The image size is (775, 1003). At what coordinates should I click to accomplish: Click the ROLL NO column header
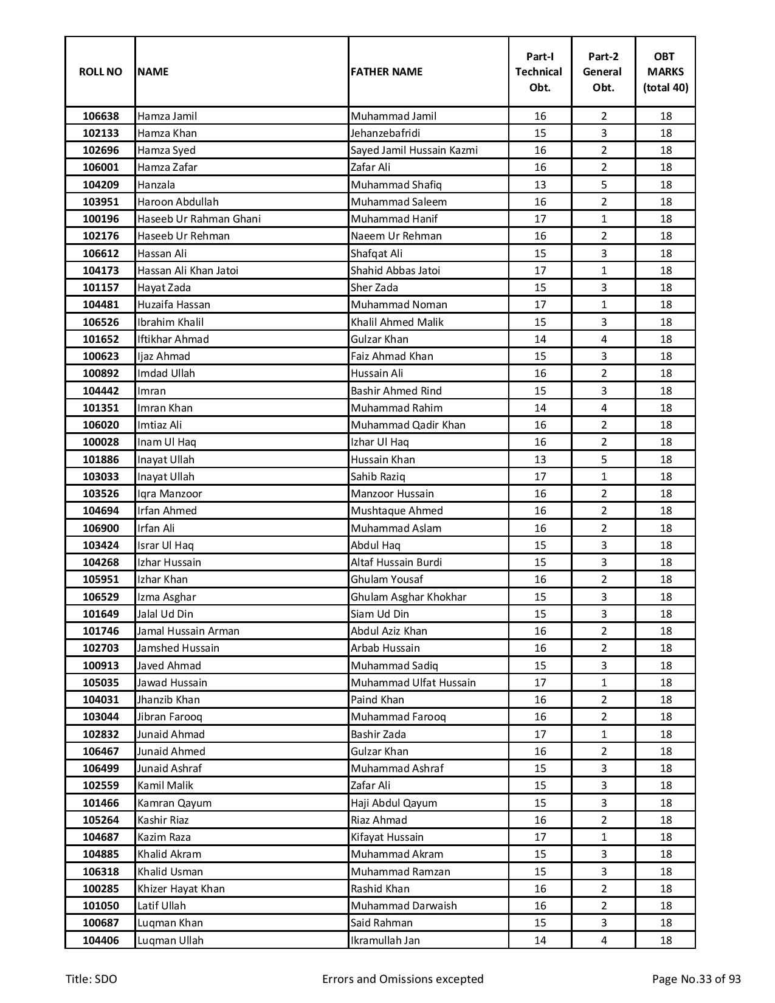pos(100,72)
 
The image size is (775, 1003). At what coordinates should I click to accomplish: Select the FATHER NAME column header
pos(387,72)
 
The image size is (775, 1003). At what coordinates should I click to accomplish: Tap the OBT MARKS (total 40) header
pos(666,72)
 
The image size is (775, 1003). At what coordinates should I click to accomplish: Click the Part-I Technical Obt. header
pos(540,72)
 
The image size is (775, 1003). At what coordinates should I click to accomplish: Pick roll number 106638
pos(101,116)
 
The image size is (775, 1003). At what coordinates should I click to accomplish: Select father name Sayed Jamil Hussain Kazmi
pos(414,150)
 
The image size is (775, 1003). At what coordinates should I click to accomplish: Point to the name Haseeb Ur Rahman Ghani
pos(199,219)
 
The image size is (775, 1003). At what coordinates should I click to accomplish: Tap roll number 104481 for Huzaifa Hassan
pos(101,305)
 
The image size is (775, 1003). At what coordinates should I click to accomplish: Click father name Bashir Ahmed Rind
pos(396,391)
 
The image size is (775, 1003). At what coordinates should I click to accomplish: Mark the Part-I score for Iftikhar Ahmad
pos(540,339)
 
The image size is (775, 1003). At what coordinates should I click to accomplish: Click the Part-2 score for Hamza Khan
pos(603,133)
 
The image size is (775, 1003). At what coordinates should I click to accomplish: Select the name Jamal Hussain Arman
pos(188,631)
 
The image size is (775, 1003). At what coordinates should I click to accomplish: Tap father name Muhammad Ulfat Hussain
pos(413,683)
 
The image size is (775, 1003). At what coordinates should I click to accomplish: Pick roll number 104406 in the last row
pos(101,940)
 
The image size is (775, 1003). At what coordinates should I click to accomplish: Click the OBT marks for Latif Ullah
pos(666,906)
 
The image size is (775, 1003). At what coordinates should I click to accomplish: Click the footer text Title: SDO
pos(92,979)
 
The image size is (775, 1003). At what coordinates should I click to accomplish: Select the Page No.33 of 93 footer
pos(696,979)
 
